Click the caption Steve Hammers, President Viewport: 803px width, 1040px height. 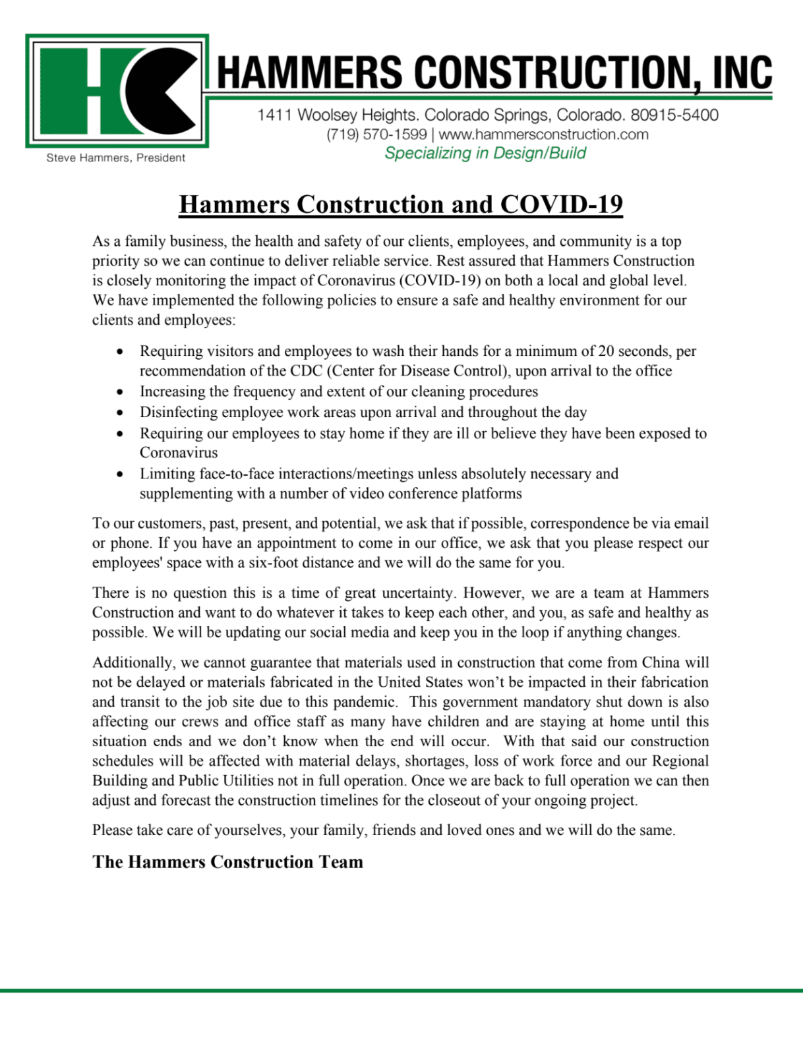tap(116, 158)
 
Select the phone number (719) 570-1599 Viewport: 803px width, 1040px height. tap(376, 134)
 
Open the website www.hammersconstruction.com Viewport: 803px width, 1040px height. tap(544, 134)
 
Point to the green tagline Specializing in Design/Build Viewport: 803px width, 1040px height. tap(485, 154)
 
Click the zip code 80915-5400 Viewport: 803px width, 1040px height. tap(674, 115)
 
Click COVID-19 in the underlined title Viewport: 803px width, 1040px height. tap(562, 205)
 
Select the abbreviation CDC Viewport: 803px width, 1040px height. tap(307, 371)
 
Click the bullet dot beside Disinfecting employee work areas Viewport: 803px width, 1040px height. tap(119, 413)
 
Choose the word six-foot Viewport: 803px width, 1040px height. tap(276, 563)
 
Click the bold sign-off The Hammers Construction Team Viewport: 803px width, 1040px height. tap(227, 862)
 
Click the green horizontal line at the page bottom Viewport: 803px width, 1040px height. tap(401, 990)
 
